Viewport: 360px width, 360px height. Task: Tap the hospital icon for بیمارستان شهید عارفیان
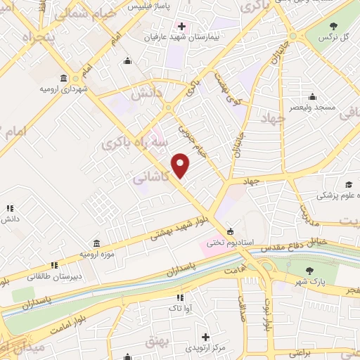pyautogui.click(x=181, y=26)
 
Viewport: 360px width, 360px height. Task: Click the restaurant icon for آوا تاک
pyautogui.click(x=180, y=298)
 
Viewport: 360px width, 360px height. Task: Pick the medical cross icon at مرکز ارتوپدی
pyautogui.click(x=205, y=337)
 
